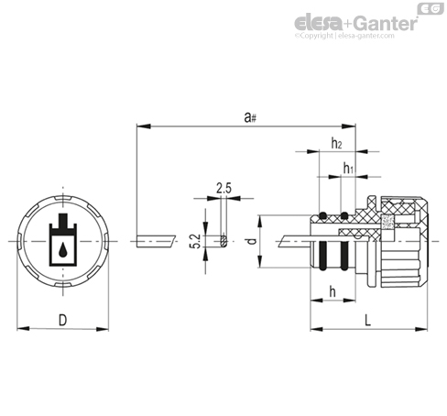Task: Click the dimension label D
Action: (x=62, y=321)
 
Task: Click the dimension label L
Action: (x=368, y=321)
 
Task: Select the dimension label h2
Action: (x=336, y=143)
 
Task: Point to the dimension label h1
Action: (x=348, y=168)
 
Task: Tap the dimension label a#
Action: (x=250, y=117)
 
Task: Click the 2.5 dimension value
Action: (x=223, y=188)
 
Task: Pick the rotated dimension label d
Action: (x=252, y=241)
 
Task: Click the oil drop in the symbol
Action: (x=63, y=249)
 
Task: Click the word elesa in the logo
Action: (x=319, y=23)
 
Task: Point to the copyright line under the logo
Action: (x=344, y=36)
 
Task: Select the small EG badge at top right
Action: (x=431, y=8)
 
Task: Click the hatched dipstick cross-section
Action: (x=223, y=241)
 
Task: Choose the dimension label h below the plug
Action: (x=333, y=291)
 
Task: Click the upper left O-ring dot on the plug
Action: (x=322, y=216)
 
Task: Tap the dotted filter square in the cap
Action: (x=387, y=222)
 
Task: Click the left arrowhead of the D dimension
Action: (x=23, y=329)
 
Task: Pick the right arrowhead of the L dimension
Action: (x=421, y=329)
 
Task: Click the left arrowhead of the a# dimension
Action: (x=144, y=126)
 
